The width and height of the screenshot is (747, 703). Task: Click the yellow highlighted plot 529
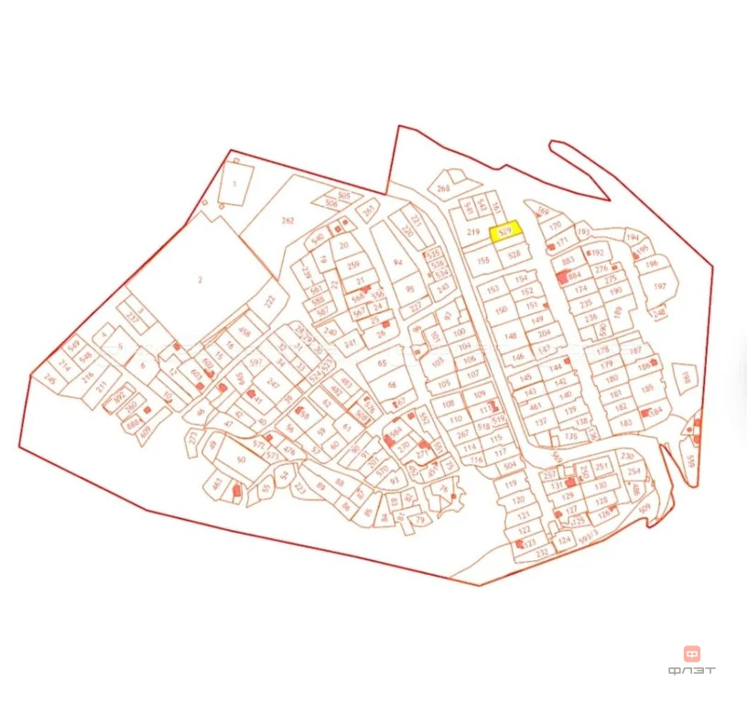click(505, 233)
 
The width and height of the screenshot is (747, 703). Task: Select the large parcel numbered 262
click(287, 221)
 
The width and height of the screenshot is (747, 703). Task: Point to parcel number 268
click(444, 189)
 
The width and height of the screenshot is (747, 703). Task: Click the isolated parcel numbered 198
click(684, 375)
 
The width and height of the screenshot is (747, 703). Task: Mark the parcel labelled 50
click(241, 459)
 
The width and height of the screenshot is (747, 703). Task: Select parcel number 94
click(397, 263)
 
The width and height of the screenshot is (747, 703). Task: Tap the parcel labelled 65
click(383, 362)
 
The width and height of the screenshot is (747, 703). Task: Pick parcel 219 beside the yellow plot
click(473, 233)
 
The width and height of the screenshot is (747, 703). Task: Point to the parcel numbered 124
click(564, 540)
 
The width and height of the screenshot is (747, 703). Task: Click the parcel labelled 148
click(511, 335)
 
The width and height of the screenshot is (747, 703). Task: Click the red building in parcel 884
click(562, 275)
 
